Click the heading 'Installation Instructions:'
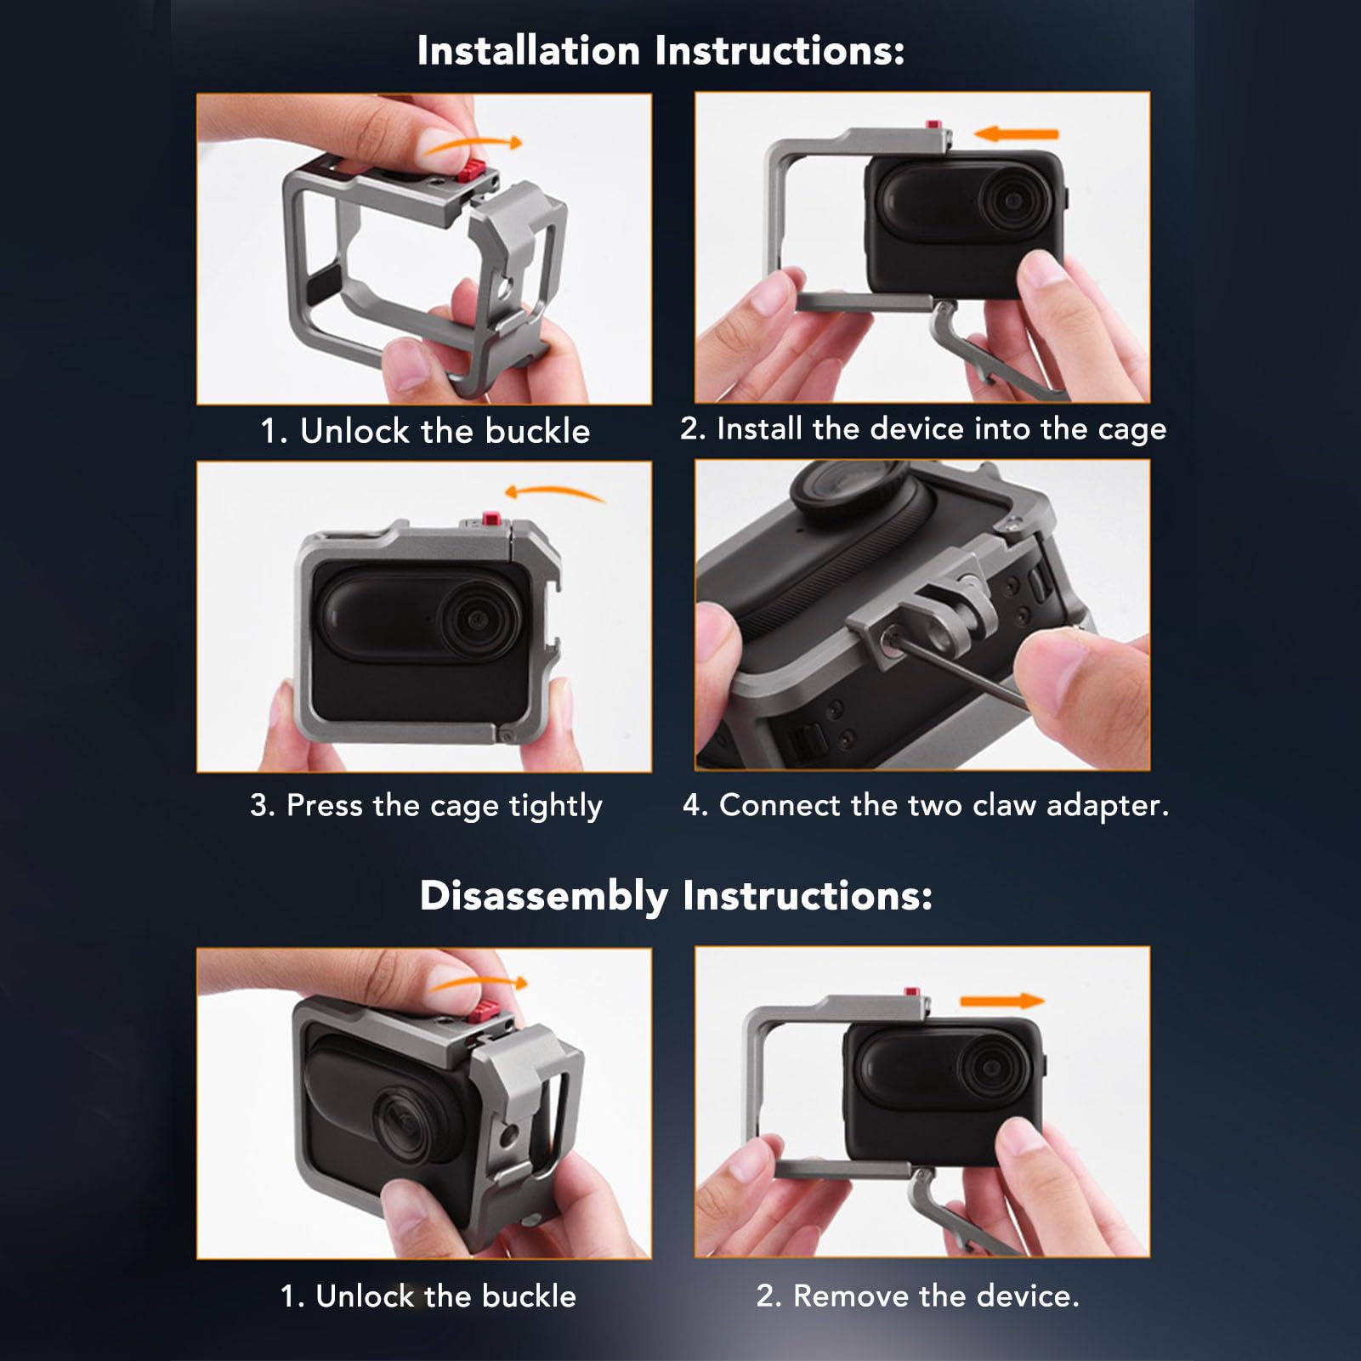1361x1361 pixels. [661, 51]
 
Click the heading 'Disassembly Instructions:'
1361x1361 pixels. [676, 896]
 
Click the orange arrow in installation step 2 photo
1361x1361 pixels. [1016, 133]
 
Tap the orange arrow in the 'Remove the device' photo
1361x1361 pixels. [1001, 1001]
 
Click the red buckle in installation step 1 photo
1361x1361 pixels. [472, 170]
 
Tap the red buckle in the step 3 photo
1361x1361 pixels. [491, 519]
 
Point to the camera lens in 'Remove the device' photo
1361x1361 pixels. [990, 1067]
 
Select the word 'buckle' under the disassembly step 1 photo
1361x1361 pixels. [529, 1296]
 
